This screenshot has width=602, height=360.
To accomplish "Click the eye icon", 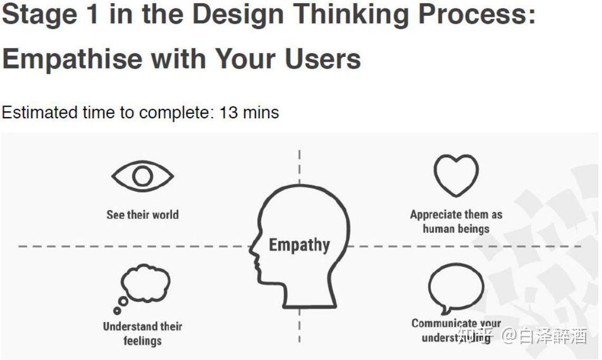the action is coord(143,176).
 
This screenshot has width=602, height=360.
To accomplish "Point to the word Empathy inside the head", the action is coord(299,245).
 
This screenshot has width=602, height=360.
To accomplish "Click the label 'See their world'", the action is coord(143,214).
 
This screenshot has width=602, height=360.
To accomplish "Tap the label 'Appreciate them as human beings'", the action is coord(456,222).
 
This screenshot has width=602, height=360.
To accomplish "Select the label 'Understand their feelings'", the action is coord(143,334).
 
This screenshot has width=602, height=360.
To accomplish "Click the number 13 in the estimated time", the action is coord(229,113).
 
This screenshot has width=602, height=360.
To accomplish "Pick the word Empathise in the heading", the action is coord(73,59).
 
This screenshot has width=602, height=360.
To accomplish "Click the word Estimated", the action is coord(40,113).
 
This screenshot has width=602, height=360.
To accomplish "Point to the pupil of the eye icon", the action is coord(143,176).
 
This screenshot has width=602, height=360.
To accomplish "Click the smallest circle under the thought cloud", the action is coord(117,310).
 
